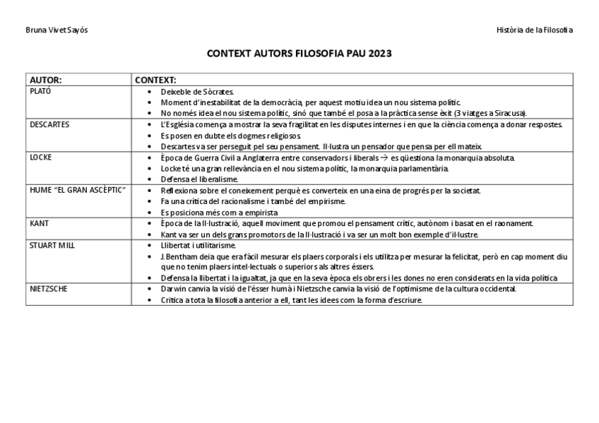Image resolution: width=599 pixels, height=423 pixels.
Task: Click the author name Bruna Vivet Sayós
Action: pyautogui.click(x=57, y=30)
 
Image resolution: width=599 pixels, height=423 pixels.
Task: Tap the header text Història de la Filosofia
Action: pyautogui.click(x=535, y=30)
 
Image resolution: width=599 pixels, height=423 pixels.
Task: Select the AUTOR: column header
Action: pyautogui.click(x=46, y=81)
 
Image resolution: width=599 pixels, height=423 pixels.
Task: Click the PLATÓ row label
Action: pyautogui.click(x=40, y=91)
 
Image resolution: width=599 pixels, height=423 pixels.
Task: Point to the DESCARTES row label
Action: pyautogui.click(x=49, y=124)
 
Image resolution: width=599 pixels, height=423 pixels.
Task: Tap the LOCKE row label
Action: pyautogui.click(x=41, y=157)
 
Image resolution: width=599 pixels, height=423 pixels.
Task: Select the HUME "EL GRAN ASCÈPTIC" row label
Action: pyautogui.click(x=78, y=191)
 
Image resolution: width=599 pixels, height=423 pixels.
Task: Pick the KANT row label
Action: pyautogui.click(x=40, y=223)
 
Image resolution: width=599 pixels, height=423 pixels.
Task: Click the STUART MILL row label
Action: pyautogui.click(x=52, y=245)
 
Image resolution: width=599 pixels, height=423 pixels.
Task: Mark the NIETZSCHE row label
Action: pyautogui.click(x=49, y=289)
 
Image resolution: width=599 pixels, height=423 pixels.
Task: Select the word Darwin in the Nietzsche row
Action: pyautogui.click(x=174, y=289)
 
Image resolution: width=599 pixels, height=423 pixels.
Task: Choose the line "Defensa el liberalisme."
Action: pyautogui.click(x=199, y=179)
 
